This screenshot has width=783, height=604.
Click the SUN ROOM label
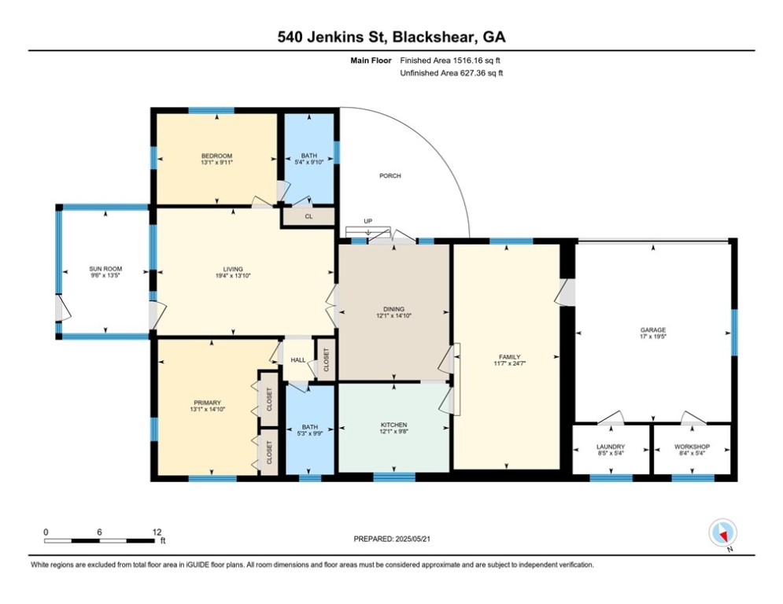click(x=105, y=269)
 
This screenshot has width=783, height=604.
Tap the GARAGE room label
click(x=653, y=330)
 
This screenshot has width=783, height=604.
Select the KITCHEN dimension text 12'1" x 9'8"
click(x=393, y=431)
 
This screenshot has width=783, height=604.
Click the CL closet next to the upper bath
click(x=308, y=216)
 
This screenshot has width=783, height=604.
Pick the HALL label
click(x=298, y=360)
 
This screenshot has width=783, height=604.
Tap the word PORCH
click(x=390, y=175)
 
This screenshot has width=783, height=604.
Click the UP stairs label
click(x=368, y=221)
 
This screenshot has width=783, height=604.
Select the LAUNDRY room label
click(x=611, y=447)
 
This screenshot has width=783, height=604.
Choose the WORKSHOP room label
click(x=693, y=447)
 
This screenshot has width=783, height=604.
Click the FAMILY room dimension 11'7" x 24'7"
click(x=509, y=363)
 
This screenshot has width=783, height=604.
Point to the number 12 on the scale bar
click(x=157, y=532)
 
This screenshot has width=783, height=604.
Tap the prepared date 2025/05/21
click(x=412, y=539)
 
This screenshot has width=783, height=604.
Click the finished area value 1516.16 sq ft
click(x=476, y=61)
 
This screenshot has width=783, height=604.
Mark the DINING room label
click(x=393, y=310)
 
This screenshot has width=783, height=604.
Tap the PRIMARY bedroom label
click(x=207, y=403)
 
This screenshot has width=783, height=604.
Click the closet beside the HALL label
click(x=327, y=359)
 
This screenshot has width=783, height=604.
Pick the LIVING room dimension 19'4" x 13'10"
click(x=233, y=275)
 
